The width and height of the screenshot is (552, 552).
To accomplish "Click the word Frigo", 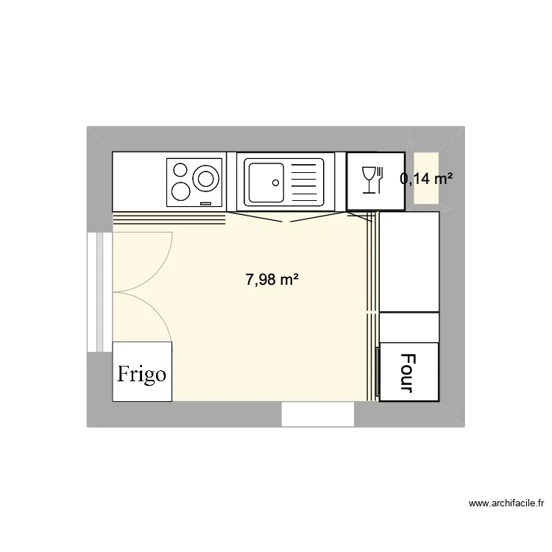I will click(x=142, y=374).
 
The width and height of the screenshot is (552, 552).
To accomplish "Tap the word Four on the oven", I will click(x=407, y=372).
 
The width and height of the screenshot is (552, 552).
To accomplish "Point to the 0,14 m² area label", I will click(x=425, y=177).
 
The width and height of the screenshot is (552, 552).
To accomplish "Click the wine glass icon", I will click(x=368, y=179).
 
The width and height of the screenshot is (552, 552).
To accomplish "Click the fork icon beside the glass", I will click(x=381, y=179).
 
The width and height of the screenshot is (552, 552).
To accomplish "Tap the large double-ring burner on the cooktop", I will click(x=205, y=178).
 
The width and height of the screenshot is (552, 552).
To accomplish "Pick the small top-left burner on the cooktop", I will click(x=180, y=169).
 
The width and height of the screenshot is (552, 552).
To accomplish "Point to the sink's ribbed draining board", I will click(x=306, y=182).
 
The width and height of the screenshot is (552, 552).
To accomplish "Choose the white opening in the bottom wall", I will click(x=318, y=414).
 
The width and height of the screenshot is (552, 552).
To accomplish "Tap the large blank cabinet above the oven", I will click(x=408, y=261).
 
